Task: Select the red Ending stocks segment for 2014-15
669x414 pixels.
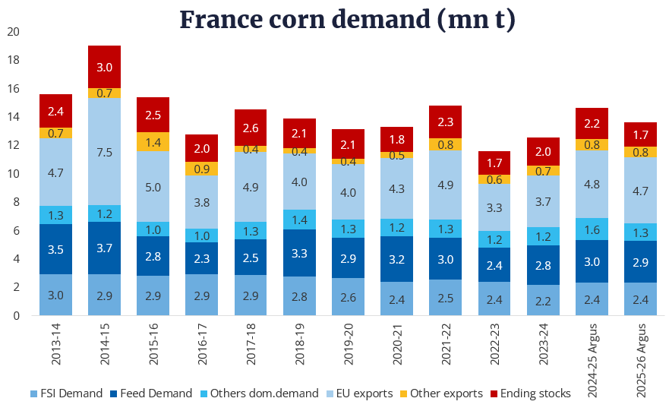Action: [105, 67]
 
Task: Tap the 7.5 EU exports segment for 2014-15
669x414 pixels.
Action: [105, 152]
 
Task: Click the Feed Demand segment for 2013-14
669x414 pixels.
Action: [55, 249]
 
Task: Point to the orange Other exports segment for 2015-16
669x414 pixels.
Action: [153, 142]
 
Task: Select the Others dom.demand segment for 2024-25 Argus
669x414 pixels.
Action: [592, 229]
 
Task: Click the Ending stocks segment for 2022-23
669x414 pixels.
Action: [494, 163]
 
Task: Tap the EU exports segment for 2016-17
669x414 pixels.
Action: [202, 202]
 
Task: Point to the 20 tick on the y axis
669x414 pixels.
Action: [13, 32]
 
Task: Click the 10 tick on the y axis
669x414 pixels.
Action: [13, 174]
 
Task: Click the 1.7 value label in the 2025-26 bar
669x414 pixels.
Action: [640, 134]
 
